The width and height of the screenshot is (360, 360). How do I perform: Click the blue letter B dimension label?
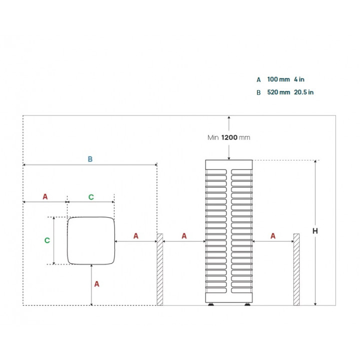[90, 159]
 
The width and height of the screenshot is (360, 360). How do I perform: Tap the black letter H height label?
[315, 231]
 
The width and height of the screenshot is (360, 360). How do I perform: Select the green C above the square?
[91, 197]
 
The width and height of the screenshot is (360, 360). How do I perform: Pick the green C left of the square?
[47, 240]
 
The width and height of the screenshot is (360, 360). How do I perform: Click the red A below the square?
[97, 284]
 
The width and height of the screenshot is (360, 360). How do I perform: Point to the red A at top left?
[45, 196]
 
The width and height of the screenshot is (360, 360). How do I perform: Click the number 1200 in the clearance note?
[229, 137]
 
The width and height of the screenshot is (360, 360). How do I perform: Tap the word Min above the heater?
[213, 137]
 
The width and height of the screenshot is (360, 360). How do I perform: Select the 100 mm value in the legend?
[278, 79]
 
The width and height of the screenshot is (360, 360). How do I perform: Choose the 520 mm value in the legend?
[278, 92]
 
